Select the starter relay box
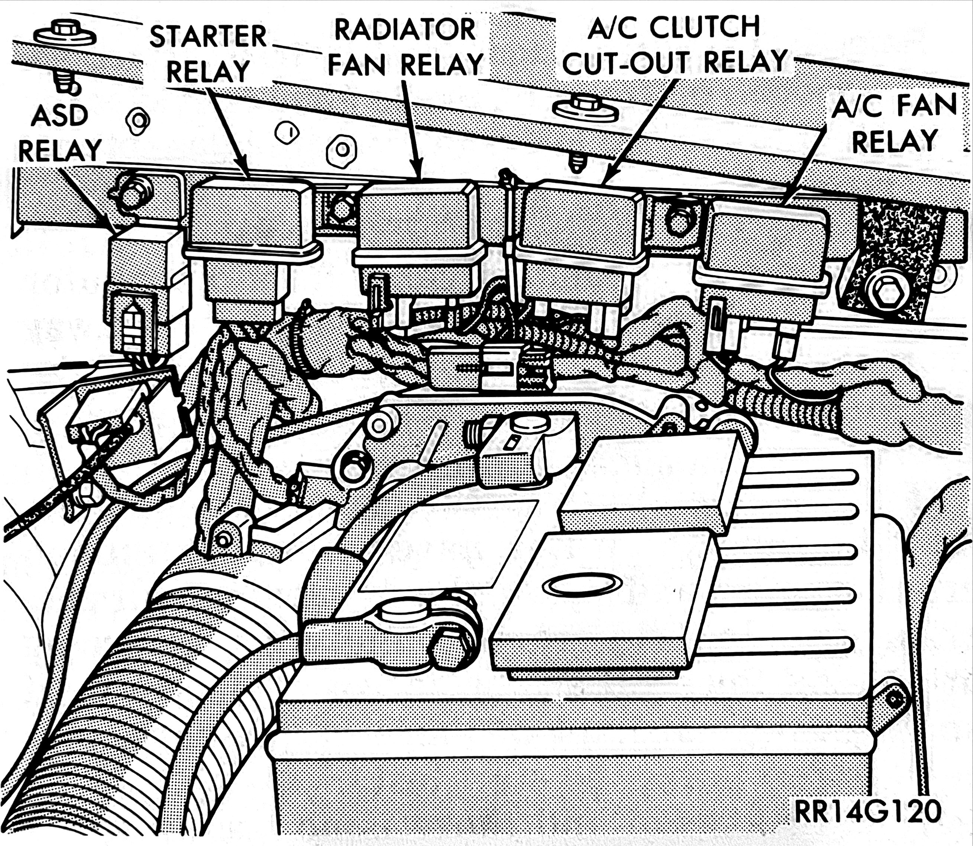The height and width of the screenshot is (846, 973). tap(250, 245)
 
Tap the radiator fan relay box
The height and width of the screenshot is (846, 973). tap(418, 245)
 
